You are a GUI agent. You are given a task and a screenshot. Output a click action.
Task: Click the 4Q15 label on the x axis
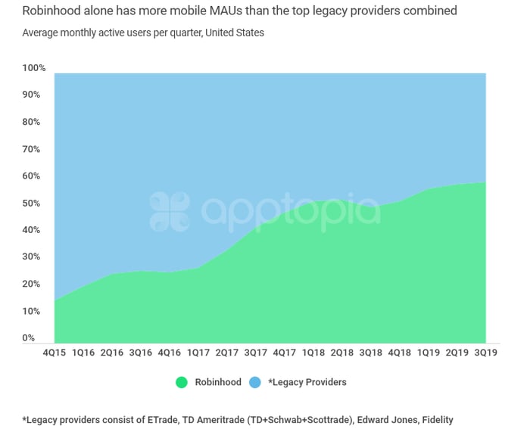click(54, 352)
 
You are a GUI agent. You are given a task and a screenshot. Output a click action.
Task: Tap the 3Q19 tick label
click(485, 352)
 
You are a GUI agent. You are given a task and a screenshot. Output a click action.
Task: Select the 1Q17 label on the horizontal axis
click(198, 352)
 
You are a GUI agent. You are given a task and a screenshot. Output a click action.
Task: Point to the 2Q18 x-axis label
click(341, 352)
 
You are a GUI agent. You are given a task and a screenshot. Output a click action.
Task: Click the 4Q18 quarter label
click(399, 352)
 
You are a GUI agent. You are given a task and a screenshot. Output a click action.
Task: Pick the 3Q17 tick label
click(255, 352)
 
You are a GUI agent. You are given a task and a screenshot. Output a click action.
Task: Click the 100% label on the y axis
click(34, 68)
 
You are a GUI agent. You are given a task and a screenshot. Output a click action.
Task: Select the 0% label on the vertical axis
click(29, 337)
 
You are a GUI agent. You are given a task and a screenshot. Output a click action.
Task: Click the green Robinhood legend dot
click(182, 382)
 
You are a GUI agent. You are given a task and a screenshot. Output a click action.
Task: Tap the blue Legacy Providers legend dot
click(255, 382)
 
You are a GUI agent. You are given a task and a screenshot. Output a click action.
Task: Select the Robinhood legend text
click(218, 382)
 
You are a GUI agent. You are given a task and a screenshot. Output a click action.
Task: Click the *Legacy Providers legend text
click(307, 382)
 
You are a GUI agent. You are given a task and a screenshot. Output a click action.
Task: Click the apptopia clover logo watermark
click(170, 212)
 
